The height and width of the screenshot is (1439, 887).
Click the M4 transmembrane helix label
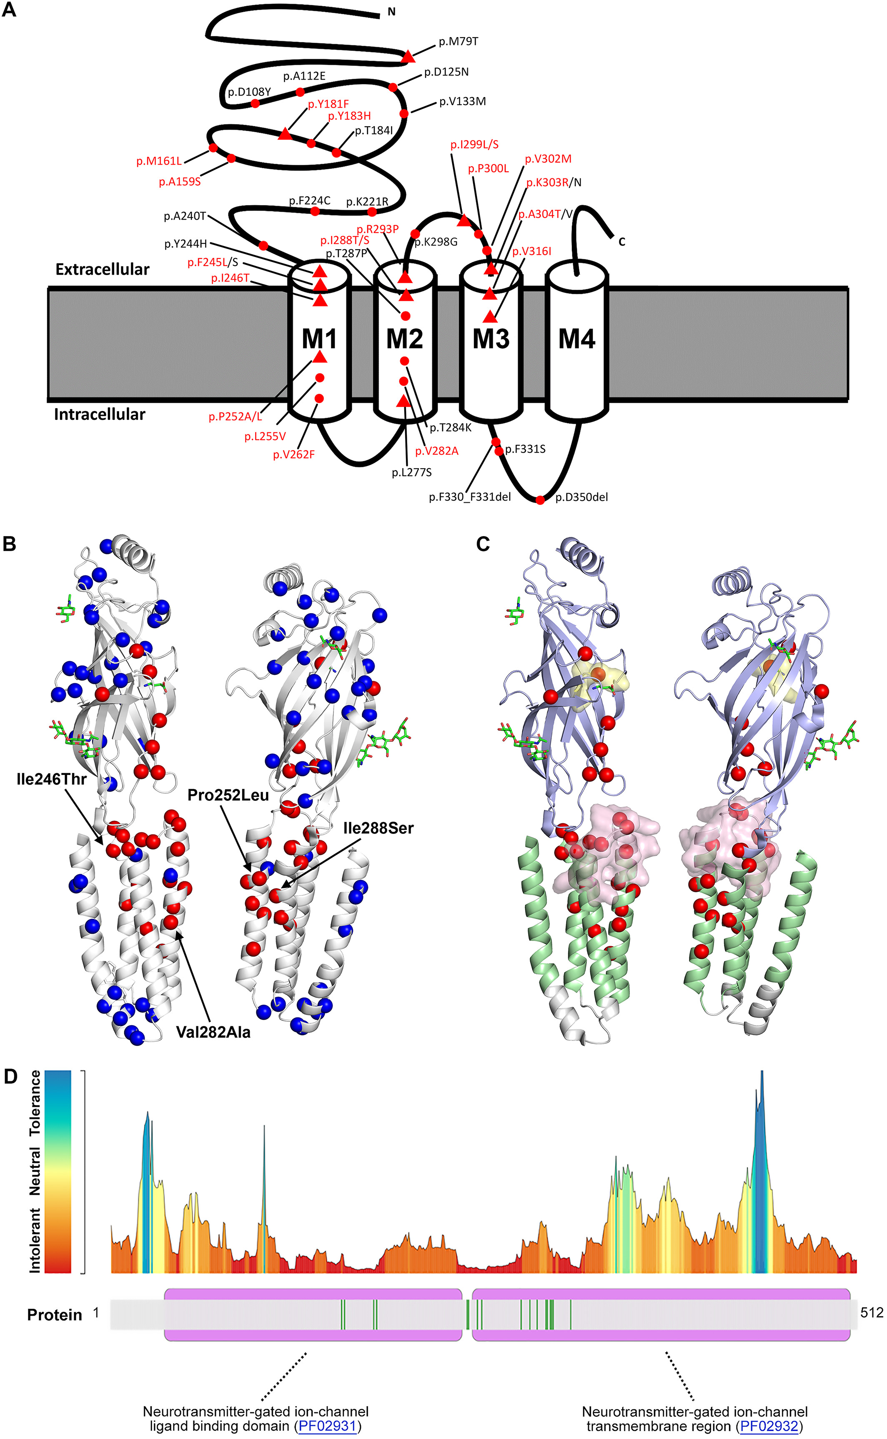pos(576,338)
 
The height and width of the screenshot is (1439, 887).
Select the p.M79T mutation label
pos(458,42)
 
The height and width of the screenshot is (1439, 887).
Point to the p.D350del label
pos(581,497)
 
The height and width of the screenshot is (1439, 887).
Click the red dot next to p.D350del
pos(540,500)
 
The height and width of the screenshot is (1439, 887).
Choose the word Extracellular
pos(102,269)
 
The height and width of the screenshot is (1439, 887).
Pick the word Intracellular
pos(99,414)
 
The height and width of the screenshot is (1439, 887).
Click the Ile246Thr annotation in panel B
pos(52,779)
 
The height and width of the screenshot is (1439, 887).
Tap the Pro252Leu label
pos(228,795)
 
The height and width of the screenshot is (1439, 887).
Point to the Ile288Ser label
pos(378,828)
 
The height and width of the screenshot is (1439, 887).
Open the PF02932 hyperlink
pos(769,1426)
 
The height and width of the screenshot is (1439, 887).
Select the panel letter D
pos(10,1076)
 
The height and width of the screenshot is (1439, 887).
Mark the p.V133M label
pos(462,101)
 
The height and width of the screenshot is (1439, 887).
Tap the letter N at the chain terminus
pos(391,12)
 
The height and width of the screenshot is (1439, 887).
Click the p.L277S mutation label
pos(412,472)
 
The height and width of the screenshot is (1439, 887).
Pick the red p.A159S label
pos(180,182)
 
